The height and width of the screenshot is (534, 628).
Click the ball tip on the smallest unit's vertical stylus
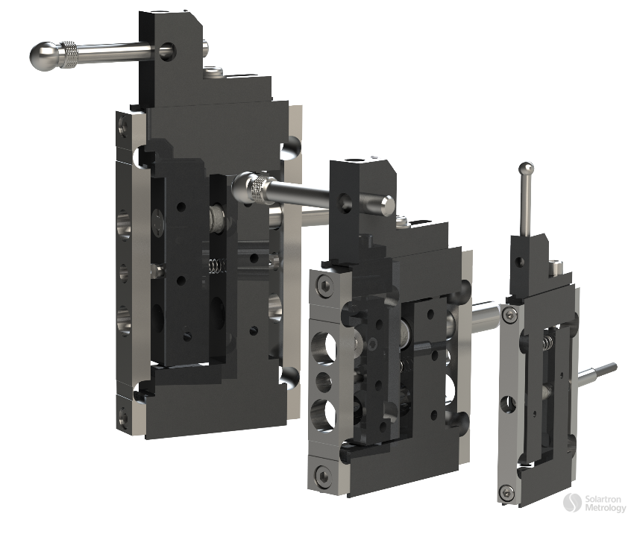[x=527, y=169]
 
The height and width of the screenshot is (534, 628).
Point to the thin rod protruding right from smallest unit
[x=600, y=371]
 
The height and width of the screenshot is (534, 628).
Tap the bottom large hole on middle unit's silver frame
[x=324, y=415]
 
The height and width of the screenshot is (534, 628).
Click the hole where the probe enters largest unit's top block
[x=166, y=51]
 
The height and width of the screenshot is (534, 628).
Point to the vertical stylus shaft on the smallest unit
[x=527, y=205]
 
